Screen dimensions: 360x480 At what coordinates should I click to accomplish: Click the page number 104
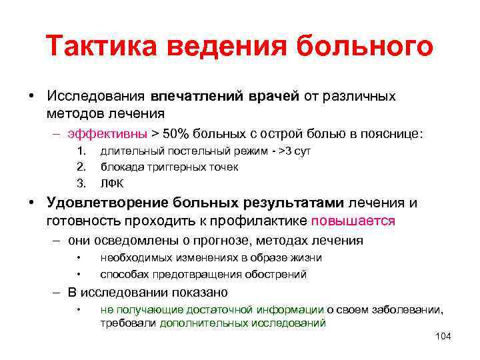tap(442, 336)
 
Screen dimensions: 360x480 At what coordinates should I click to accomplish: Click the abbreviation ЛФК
tap(112, 182)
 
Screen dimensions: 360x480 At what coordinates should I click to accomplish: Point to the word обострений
tap(274, 273)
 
